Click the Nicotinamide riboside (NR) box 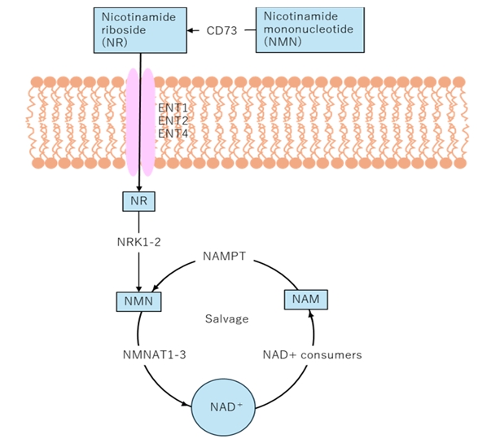(140, 30)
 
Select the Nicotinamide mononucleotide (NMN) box (310, 30)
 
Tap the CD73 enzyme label (221, 30)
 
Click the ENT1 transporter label (173, 108)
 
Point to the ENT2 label (173, 121)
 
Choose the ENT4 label (173, 134)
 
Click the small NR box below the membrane (138, 201)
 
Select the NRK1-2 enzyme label (138, 242)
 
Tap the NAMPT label (225, 256)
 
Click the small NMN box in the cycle (138, 301)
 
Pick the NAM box (306, 300)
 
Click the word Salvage (227, 319)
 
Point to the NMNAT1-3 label (154, 355)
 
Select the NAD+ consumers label (312, 355)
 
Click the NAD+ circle (223, 407)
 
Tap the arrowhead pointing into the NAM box (310, 313)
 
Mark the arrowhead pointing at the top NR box (191, 30)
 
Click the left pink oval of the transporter (133, 122)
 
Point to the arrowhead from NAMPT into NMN (156, 288)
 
